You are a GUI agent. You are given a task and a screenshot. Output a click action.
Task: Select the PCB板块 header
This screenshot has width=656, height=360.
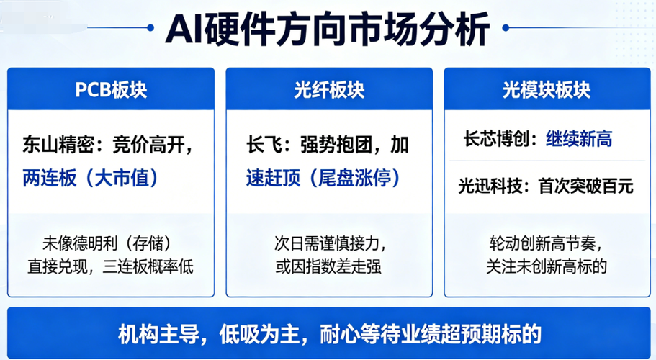[111, 89]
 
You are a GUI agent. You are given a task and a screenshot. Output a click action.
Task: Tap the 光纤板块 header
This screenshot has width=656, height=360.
[329, 89]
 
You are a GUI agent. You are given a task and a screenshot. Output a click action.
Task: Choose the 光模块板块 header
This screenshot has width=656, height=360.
[547, 89]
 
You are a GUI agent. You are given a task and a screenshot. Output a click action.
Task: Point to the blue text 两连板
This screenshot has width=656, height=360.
[50, 178]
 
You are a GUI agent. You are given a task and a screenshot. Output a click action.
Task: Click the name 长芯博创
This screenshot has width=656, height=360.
[497, 139]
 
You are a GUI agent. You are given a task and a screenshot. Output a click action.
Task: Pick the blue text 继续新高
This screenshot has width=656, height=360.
[579, 139]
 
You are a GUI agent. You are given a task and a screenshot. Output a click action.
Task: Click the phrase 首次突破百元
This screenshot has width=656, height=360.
[585, 186]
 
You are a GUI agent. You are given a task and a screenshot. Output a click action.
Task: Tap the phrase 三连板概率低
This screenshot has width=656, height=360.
[148, 266]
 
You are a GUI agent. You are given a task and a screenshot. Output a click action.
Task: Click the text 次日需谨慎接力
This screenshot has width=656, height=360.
[327, 243]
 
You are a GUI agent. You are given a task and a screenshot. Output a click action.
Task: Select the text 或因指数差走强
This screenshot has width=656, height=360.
[328, 266]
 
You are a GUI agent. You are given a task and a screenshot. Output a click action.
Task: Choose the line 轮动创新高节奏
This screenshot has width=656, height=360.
[543, 243]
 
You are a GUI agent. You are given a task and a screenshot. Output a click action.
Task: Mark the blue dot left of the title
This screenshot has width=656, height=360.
[150, 28]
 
